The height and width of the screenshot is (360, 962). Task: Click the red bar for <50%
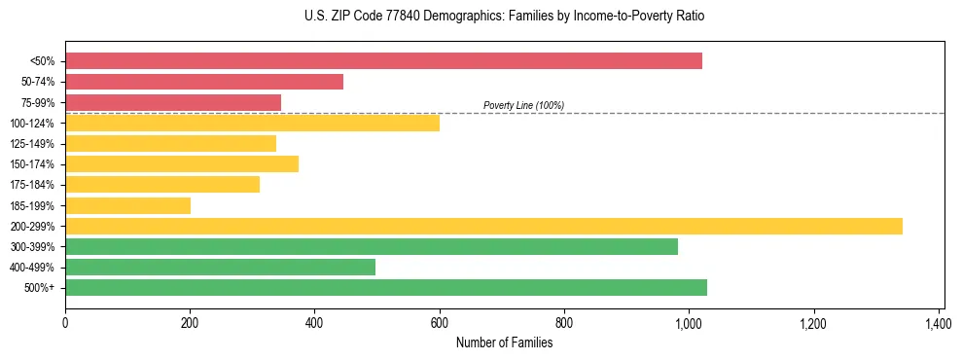click(x=383, y=61)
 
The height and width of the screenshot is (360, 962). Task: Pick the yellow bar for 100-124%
click(x=252, y=123)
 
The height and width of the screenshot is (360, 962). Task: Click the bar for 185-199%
click(x=127, y=205)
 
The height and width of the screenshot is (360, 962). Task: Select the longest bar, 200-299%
click(x=483, y=226)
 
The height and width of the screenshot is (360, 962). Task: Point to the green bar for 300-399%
click(x=372, y=246)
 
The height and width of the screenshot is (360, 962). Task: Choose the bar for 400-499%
click(x=220, y=267)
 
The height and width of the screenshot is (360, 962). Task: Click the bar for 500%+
click(x=386, y=287)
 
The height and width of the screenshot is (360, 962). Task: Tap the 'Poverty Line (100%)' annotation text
click(x=523, y=105)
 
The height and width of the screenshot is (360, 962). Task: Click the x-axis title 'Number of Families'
click(x=504, y=342)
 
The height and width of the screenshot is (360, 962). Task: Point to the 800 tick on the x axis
click(x=564, y=322)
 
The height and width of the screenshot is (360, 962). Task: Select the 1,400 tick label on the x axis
click(x=938, y=322)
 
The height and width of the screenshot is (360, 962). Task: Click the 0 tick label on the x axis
click(x=65, y=322)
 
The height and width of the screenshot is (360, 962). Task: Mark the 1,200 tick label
click(x=813, y=322)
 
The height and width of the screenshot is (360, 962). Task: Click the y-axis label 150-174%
click(x=32, y=164)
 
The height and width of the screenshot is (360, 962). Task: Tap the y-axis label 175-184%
click(x=32, y=185)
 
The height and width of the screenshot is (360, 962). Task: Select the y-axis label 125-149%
click(x=32, y=144)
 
